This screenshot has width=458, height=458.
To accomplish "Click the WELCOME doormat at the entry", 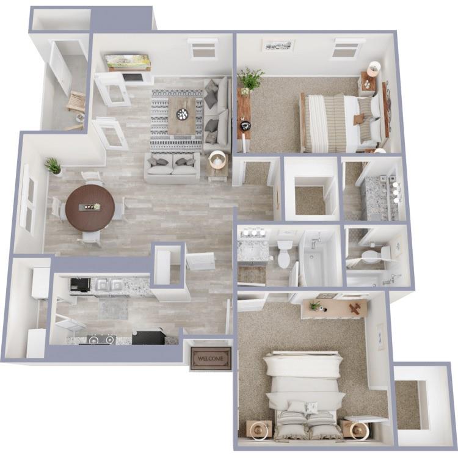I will pyautogui.click(x=211, y=358).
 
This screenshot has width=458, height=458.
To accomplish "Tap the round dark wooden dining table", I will pyautogui.click(x=90, y=208).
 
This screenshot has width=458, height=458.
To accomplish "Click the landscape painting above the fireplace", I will pyautogui.click(x=127, y=62).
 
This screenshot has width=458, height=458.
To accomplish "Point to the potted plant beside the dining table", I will pyautogui.click(x=54, y=165).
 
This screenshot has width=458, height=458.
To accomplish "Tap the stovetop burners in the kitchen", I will pyautogui.click(x=101, y=339).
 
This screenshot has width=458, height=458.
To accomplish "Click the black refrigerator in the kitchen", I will pyautogui.click(x=148, y=337).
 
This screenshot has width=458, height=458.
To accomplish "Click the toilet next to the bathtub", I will pyautogui.click(x=285, y=253).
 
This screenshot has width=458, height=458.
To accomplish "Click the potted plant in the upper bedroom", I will pyautogui.click(x=250, y=79).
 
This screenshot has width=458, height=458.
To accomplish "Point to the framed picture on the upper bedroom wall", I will pyautogui.click(x=278, y=45).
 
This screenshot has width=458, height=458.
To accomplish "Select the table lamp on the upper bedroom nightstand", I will pyautogui.click(x=373, y=68).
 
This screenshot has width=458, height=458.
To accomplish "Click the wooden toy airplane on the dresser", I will pyautogui.click(x=352, y=308).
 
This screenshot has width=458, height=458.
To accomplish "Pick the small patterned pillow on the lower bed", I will pyautogui.click(x=311, y=407).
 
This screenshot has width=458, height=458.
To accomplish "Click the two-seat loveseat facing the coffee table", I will pyautogui.click(x=172, y=167).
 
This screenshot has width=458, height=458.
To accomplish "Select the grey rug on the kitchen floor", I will pyautogui.click(x=113, y=308).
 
